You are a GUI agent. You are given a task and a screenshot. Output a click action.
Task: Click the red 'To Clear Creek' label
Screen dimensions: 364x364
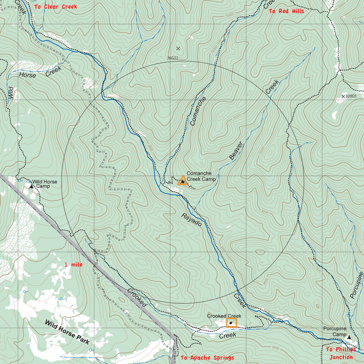pos(56,7)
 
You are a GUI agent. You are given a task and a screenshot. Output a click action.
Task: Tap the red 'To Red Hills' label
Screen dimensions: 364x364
pos(286,11)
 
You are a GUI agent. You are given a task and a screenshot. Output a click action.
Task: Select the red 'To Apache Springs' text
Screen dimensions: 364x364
pos(207,358)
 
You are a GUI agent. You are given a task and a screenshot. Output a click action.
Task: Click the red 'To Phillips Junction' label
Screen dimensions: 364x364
pos(341,353)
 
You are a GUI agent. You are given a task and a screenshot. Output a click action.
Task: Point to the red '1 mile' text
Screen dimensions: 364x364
pos(74,265)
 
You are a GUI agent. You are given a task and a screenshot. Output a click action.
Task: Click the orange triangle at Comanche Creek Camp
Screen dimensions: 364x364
pos(182,181)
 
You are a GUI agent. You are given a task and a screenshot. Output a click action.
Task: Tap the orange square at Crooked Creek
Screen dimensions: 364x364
pos(231,323)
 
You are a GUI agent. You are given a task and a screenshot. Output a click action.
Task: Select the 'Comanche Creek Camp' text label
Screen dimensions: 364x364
pos(201,176)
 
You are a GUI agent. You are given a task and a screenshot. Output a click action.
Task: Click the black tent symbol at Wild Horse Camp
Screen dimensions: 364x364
pos(31,186)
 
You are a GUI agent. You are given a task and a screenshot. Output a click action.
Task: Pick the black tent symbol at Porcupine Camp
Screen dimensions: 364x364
pos(349,337)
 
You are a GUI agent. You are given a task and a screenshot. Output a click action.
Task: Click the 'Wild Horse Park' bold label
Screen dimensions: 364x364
pos(67,332)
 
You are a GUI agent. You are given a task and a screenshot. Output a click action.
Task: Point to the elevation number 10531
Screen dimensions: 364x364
pos(173,58)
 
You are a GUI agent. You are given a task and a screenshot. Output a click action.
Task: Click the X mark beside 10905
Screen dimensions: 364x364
pos(343,96)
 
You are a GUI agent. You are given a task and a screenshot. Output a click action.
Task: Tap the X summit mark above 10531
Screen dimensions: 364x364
pos(178,49)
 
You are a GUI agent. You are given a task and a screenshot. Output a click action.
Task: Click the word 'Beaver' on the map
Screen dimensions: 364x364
pos(236,151)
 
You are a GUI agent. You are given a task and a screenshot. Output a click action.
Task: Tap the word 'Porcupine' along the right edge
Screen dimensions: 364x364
pos(356,285)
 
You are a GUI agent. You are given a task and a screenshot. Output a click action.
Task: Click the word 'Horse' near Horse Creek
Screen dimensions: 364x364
pos(27,75)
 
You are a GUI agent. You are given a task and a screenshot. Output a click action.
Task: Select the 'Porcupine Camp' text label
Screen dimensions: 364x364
pos(334,331)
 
